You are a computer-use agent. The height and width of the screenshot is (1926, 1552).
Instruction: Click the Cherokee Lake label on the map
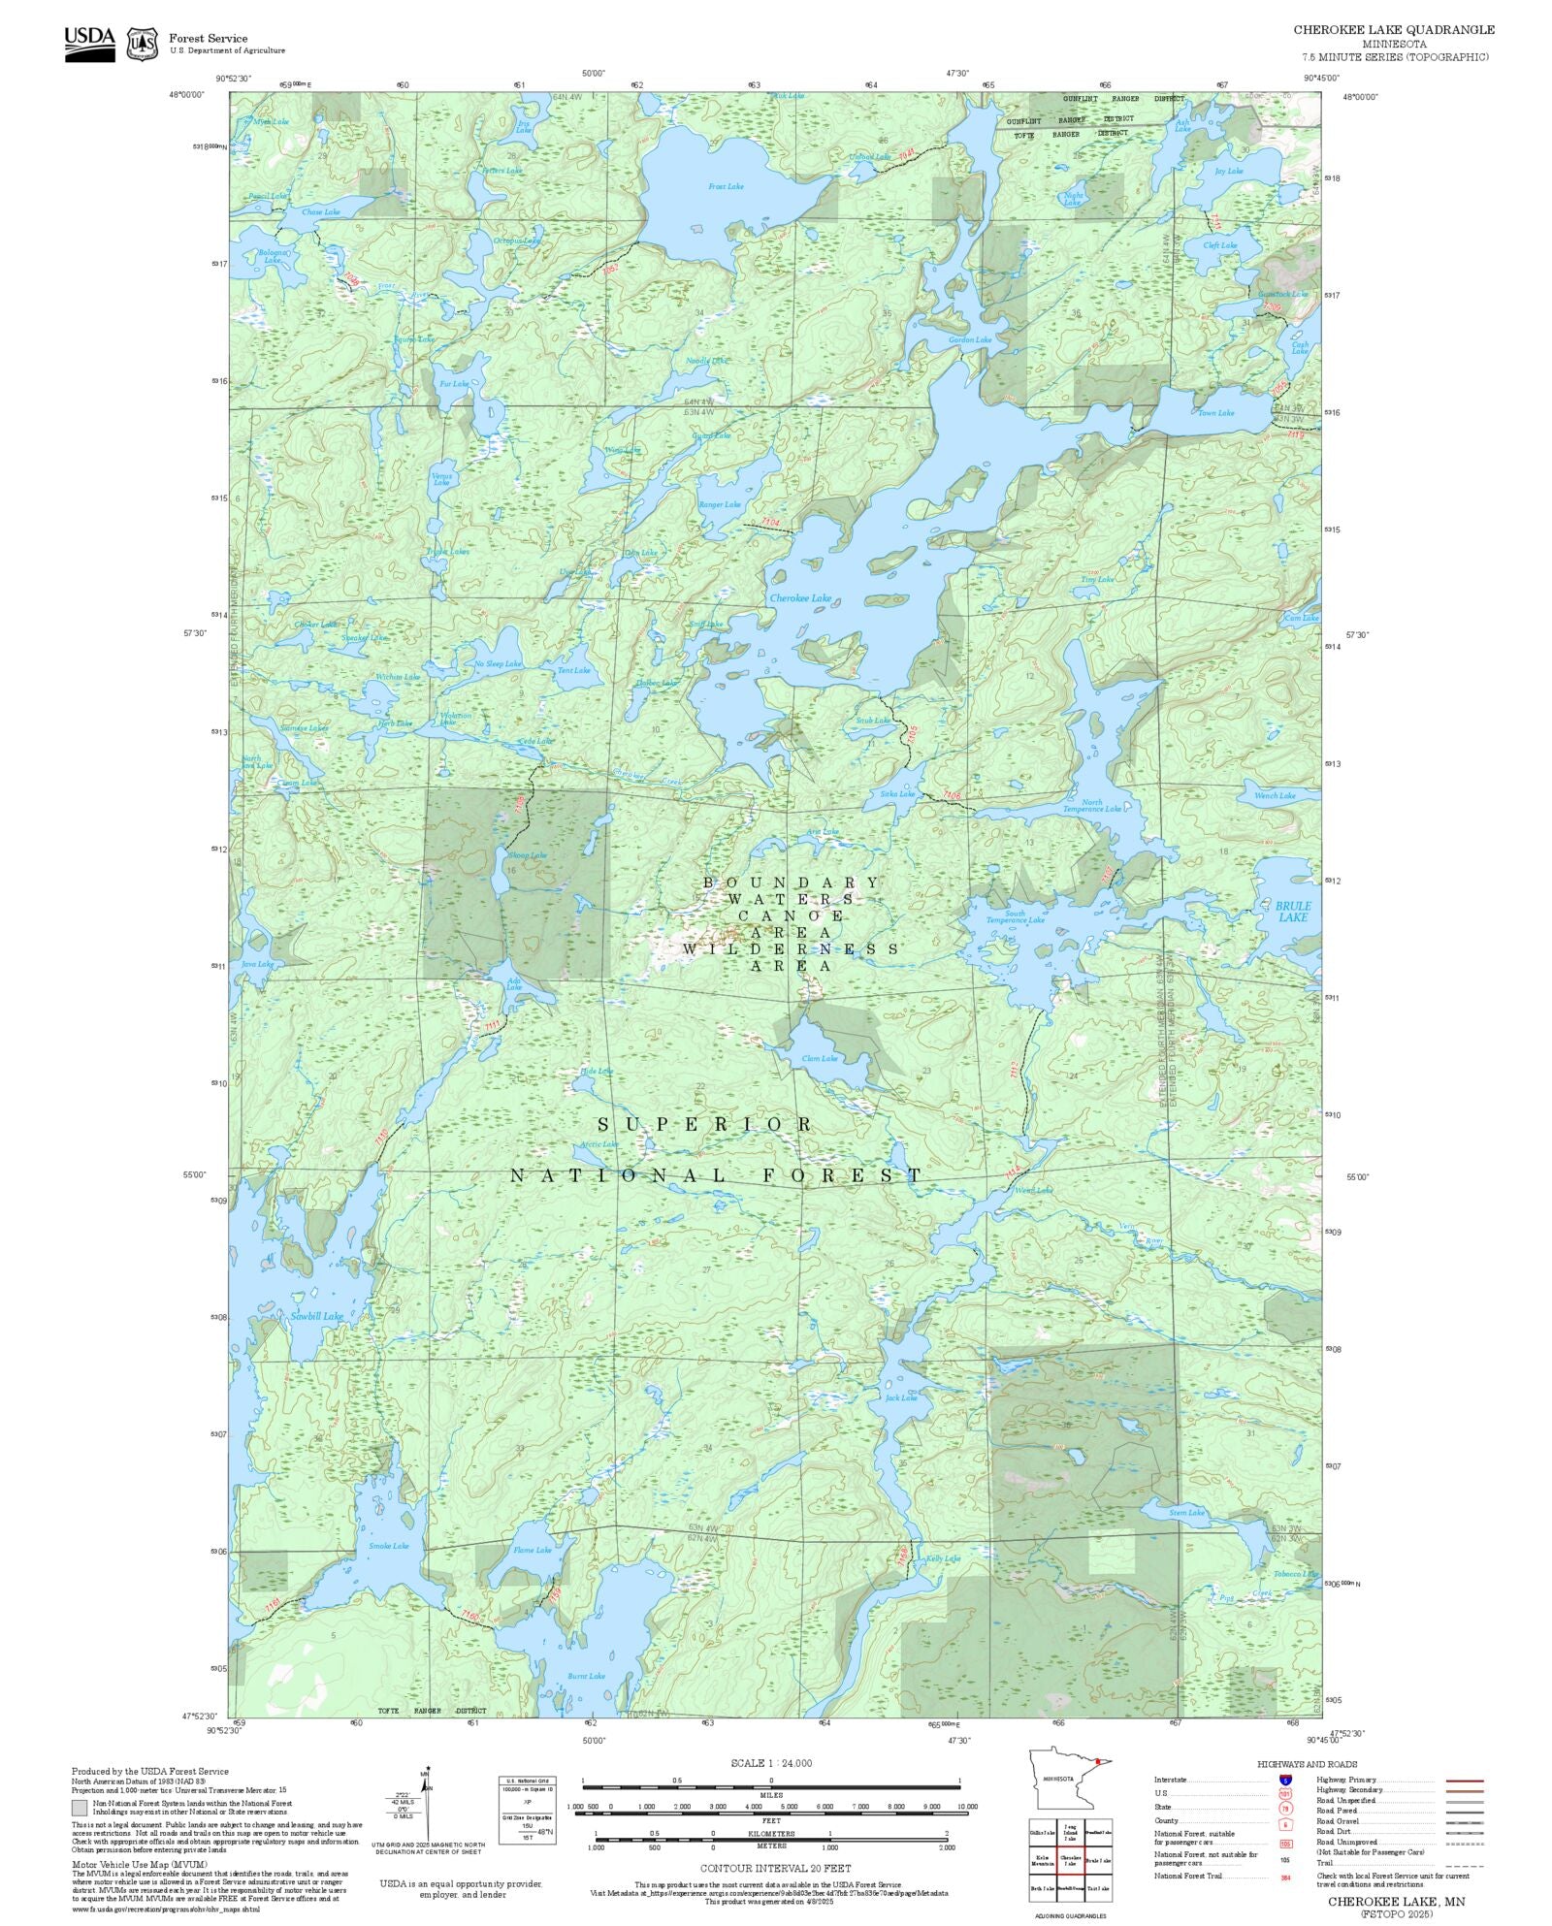pos(800,598)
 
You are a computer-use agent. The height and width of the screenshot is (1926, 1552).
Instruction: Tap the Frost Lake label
pos(725,186)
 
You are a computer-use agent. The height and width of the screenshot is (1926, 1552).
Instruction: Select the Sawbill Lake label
pos(316,1316)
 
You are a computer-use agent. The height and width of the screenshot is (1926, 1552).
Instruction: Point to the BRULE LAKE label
pos(1292,911)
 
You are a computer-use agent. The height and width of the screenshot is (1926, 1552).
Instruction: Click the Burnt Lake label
pos(586,1676)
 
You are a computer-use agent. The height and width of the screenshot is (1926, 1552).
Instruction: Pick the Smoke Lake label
pos(388,1546)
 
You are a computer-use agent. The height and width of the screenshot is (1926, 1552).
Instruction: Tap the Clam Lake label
pos(820,1058)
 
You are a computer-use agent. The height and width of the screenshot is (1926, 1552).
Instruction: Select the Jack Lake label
pos(900,1397)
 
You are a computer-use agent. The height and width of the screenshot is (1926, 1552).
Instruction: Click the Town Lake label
pos(1215,413)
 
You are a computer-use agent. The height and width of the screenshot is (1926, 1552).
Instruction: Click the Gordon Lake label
pos(969,339)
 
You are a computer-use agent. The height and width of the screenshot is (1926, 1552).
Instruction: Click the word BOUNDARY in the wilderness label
pos(792,882)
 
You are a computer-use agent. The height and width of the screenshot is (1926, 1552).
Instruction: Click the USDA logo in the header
pos(89,44)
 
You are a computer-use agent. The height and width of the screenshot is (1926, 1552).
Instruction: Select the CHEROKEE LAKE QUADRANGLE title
pos(1393,30)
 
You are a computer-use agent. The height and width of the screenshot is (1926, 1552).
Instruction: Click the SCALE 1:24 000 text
pos(771,1763)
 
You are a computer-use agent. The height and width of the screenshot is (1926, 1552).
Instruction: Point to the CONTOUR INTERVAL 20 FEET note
pos(776,1867)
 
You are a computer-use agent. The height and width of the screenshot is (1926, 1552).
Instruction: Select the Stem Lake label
pos(1186,1513)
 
